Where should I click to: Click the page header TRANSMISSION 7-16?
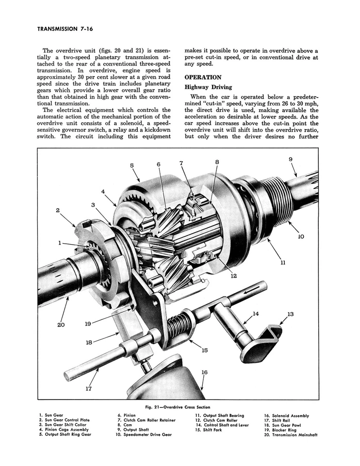[65, 29]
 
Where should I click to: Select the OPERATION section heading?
[203, 77]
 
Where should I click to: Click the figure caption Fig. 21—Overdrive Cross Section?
[178, 407]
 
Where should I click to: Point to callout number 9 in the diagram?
[291, 160]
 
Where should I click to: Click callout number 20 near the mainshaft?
[61, 324]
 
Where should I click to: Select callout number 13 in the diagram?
[291, 314]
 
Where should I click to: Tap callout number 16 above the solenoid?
[204, 372]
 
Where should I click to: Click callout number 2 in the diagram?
[58, 211]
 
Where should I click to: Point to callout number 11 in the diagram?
[283, 263]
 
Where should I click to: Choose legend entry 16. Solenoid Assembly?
[286, 416]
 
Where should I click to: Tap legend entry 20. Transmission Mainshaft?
[291, 435]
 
